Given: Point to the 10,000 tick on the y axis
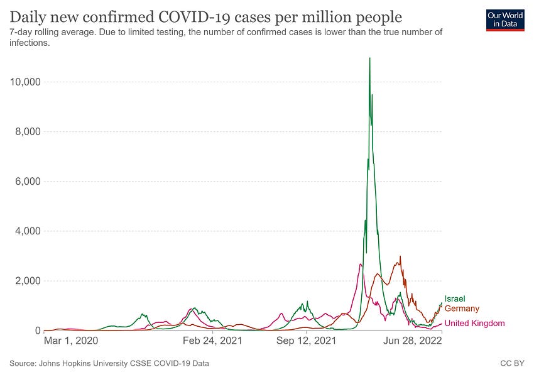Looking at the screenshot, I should point(23,82).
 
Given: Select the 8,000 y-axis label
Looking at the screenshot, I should point(26,132).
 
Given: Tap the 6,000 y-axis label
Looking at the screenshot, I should point(26,182).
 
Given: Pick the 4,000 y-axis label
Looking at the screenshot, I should point(26,231).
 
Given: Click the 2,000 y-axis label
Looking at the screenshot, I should point(26,281).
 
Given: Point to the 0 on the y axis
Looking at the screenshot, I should point(37,331).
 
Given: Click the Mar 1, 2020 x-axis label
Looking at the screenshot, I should point(71,341).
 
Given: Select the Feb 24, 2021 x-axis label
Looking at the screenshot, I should point(213,341).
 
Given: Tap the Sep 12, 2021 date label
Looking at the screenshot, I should point(306,341).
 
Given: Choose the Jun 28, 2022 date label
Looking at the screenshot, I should point(412,341).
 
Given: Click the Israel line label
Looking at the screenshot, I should point(455,299).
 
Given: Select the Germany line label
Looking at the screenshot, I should point(462,309).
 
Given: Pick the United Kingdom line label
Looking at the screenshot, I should point(474,324).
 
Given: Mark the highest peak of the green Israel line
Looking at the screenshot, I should point(369,58).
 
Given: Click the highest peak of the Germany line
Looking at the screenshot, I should point(400,256).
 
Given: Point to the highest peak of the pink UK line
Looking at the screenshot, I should point(360,264).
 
